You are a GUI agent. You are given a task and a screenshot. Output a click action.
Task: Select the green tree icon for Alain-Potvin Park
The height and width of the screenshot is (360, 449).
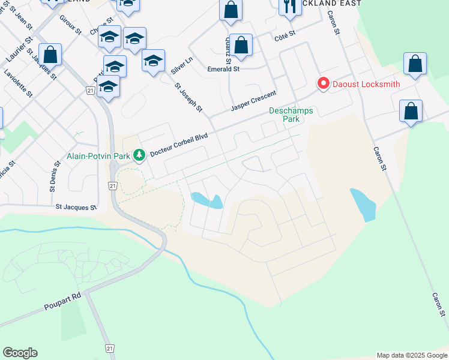(139, 155)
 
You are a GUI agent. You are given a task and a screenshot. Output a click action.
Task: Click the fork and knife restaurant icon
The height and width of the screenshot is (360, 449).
(290, 7)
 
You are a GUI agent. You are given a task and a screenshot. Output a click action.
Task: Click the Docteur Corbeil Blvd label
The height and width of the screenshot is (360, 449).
(178, 145)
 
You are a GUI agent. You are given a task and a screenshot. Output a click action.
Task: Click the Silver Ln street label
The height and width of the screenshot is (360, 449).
(181, 65)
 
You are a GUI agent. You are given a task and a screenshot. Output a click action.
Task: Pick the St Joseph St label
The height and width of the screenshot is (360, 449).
(189, 96)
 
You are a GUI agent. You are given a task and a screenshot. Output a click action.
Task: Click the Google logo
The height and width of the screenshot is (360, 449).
(20, 353)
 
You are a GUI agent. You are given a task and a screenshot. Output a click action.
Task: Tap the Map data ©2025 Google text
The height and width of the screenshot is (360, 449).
(411, 355)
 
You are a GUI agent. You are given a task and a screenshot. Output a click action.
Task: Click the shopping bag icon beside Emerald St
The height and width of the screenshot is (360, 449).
(241, 46)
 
